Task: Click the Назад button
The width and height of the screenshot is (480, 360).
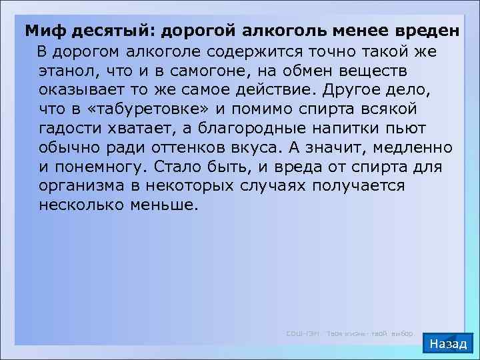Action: point(449,344)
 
